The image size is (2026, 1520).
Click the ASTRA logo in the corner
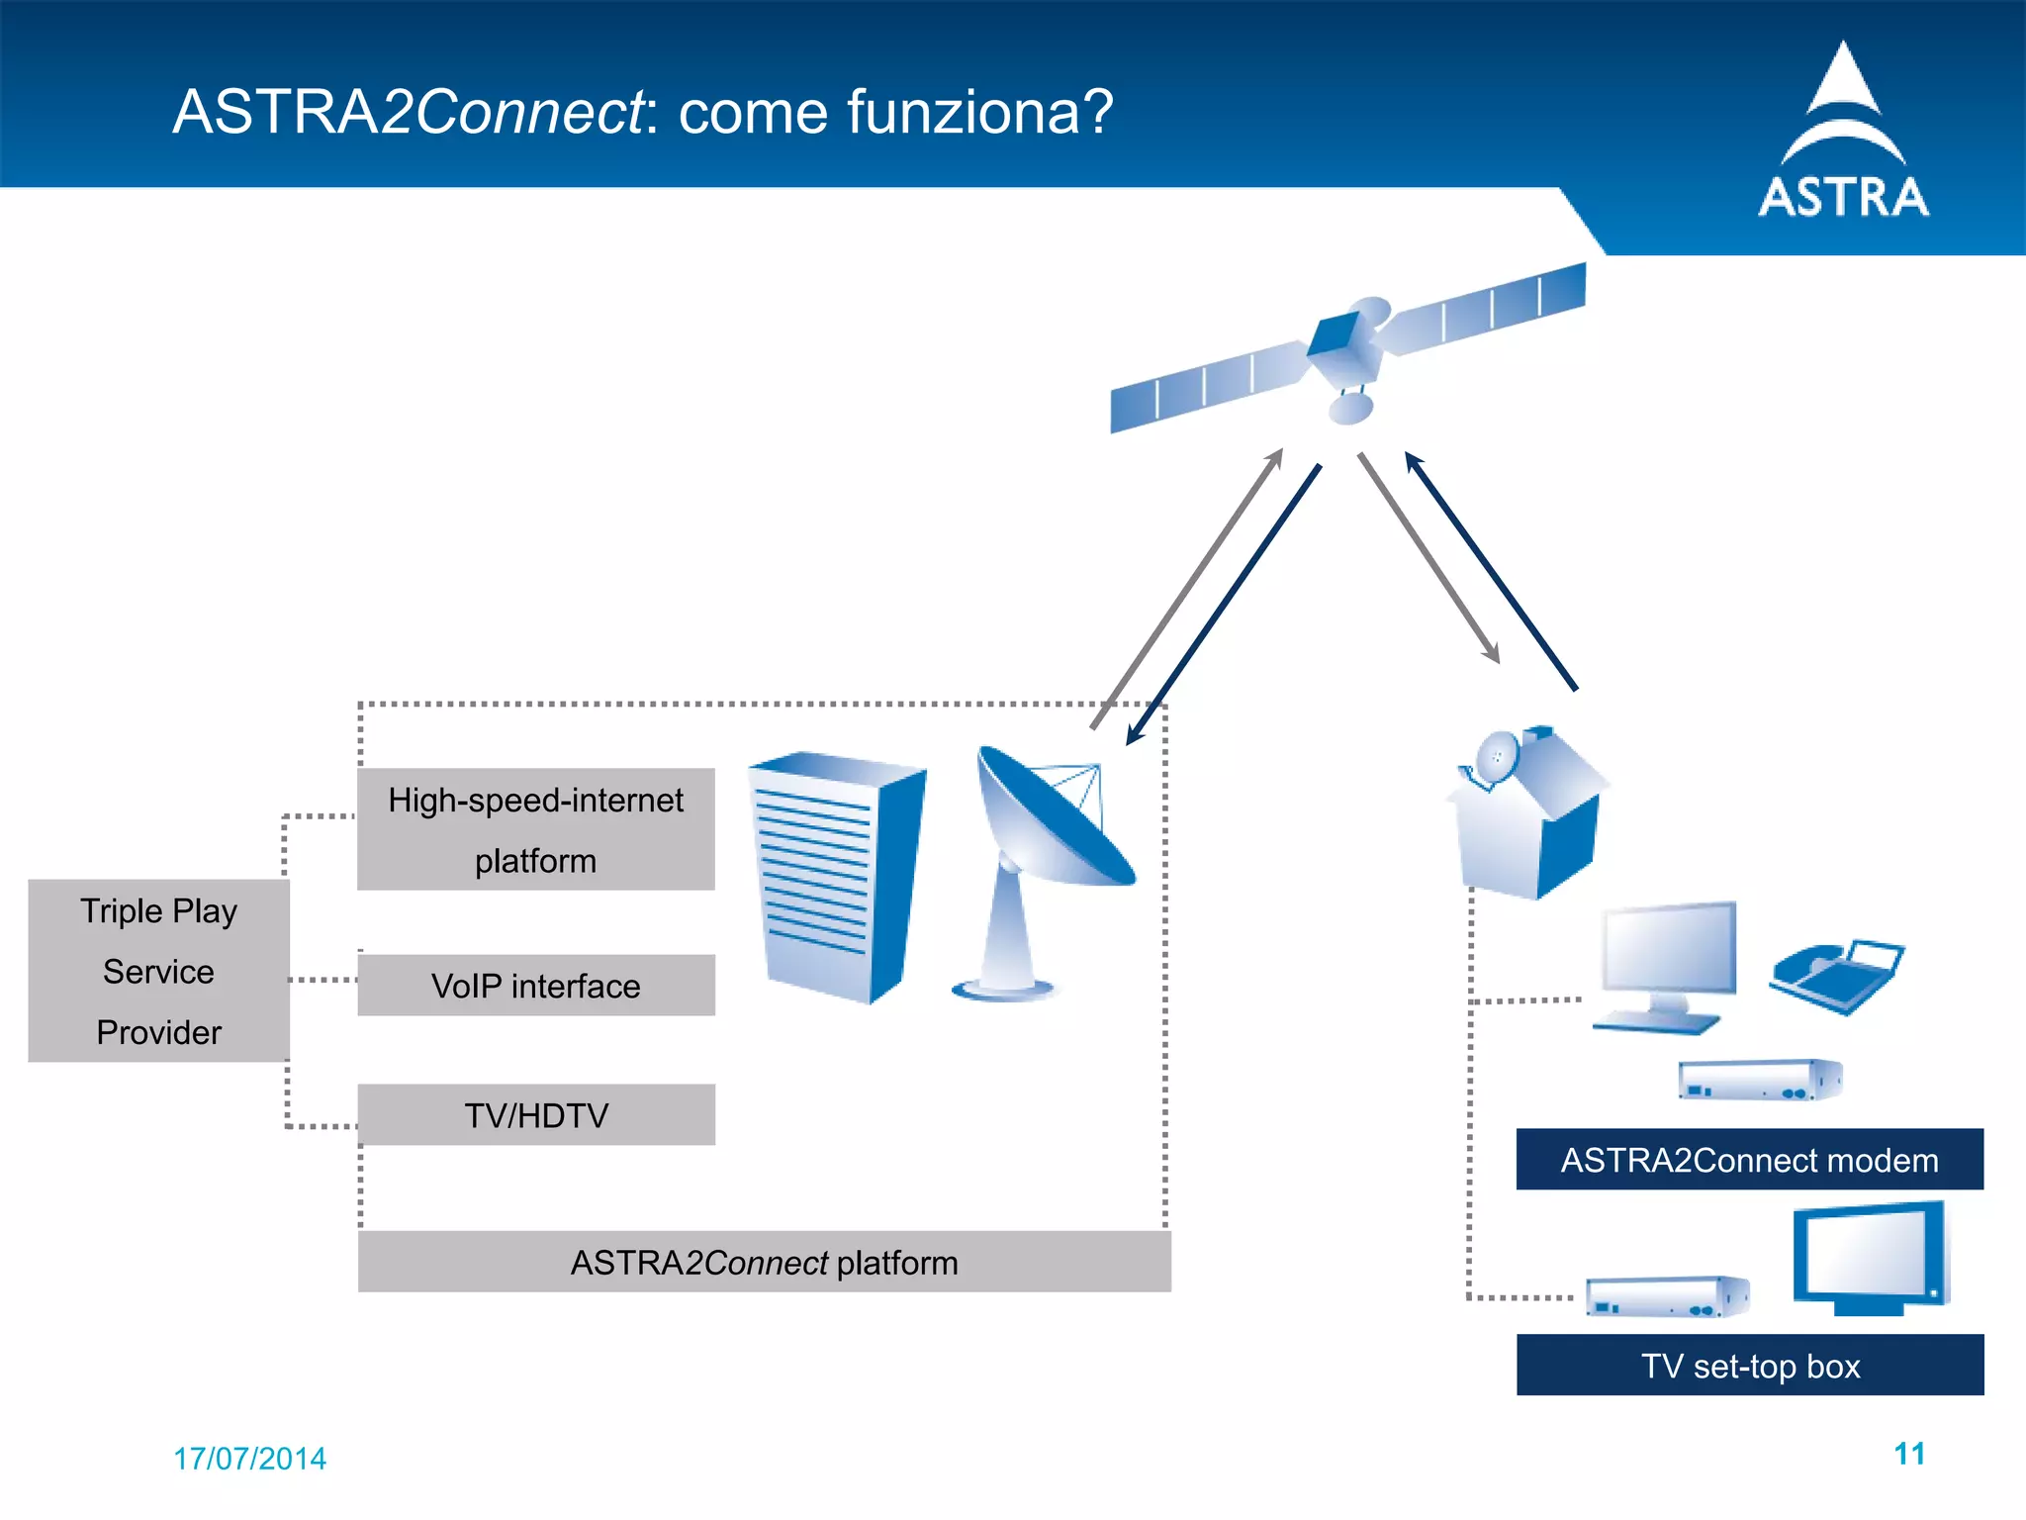[1843, 134]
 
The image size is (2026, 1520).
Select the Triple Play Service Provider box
[158, 971]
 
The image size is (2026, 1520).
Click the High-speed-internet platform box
[535, 829]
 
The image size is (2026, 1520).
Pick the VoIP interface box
[535, 986]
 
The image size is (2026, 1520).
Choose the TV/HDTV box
[535, 1115]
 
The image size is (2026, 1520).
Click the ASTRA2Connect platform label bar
[764, 1263]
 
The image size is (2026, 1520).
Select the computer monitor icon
[1667, 965]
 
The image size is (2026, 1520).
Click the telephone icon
[1836, 976]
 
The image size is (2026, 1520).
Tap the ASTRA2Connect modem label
[1749, 1160]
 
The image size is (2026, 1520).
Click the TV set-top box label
[1749, 1366]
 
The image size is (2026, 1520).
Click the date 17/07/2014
[249, 1459]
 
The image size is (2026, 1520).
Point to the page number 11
[1908, 1454]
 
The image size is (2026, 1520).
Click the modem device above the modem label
[1759, 1080]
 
